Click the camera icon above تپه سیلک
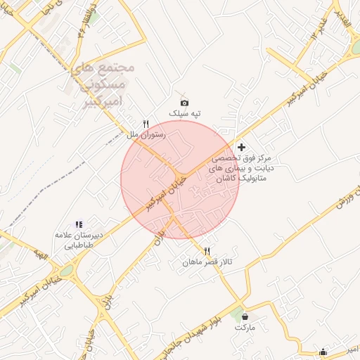click(x=184, y=103)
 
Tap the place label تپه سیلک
click(x=184, y=114)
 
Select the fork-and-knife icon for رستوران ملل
click(x=146, y=123)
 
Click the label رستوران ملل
click(x=146, y=134)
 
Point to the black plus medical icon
click(x=242, y=148)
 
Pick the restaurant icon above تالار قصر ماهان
click(x=207, y=251)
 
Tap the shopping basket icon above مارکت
click(x=244, y=317)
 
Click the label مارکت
click(x=244, y=328)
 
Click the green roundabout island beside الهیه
click(x=67, y=271)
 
